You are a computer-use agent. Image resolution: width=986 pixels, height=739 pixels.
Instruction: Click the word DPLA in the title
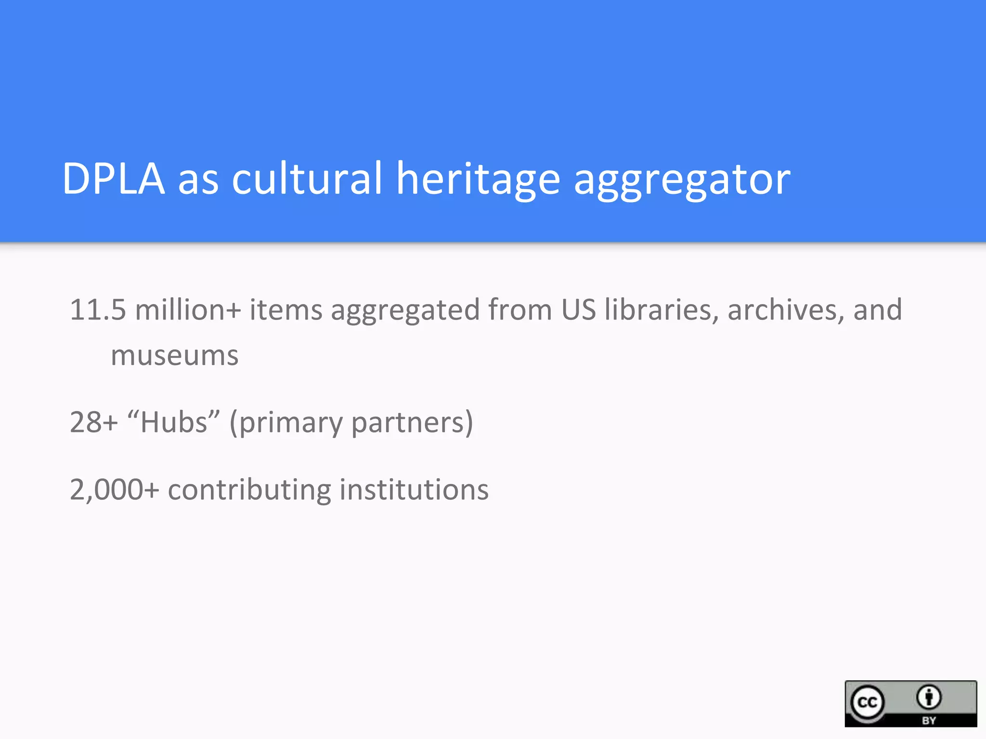click(x=114, y=179)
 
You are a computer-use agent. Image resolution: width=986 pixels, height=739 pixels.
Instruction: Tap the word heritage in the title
click(x=478, y=179)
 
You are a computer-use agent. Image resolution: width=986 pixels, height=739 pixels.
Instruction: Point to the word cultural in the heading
click(x=307, y=179)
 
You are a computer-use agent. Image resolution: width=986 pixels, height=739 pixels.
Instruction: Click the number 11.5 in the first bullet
click(x=98, y=309)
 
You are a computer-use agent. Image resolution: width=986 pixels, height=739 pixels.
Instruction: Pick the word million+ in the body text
click(x=188, y=309)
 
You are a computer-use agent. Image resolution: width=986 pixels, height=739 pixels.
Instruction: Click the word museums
click(x=175, y=356)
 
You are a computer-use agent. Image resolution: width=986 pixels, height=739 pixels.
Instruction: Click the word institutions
click(x=414, y=490)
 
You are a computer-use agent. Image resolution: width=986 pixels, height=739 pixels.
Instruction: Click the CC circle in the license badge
click(x=868, y=702)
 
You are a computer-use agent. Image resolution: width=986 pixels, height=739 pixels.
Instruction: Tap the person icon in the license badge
click(x=929, y=697)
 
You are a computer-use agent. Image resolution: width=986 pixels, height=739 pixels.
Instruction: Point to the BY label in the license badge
click(x=929, y=720)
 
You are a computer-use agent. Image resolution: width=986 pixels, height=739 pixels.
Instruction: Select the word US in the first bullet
click(x=578, y=309)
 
